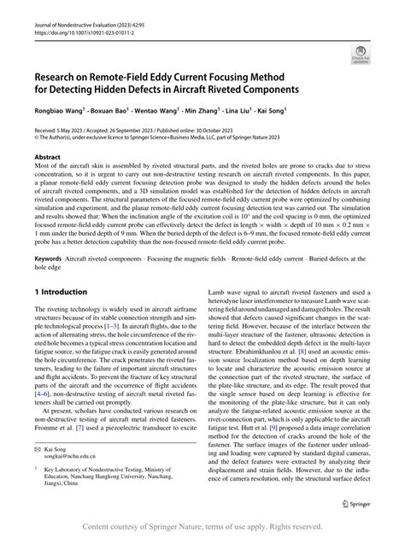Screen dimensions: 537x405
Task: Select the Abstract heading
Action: pyautogui.click(x=47, y=157)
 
